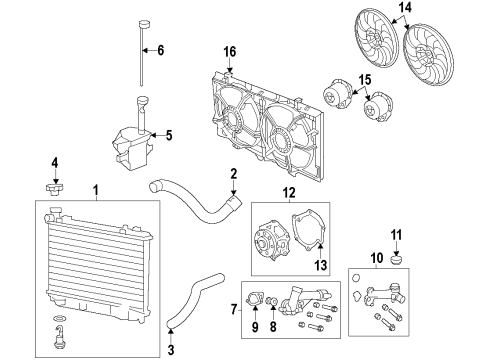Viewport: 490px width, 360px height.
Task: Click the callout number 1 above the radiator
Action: pyautogui.click(x=95, y=190)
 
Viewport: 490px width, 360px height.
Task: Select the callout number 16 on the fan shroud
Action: pyautogui.click(x=229, y=52)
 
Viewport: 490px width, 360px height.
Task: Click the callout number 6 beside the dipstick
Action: pyautogui.click(x=162, y=50)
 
